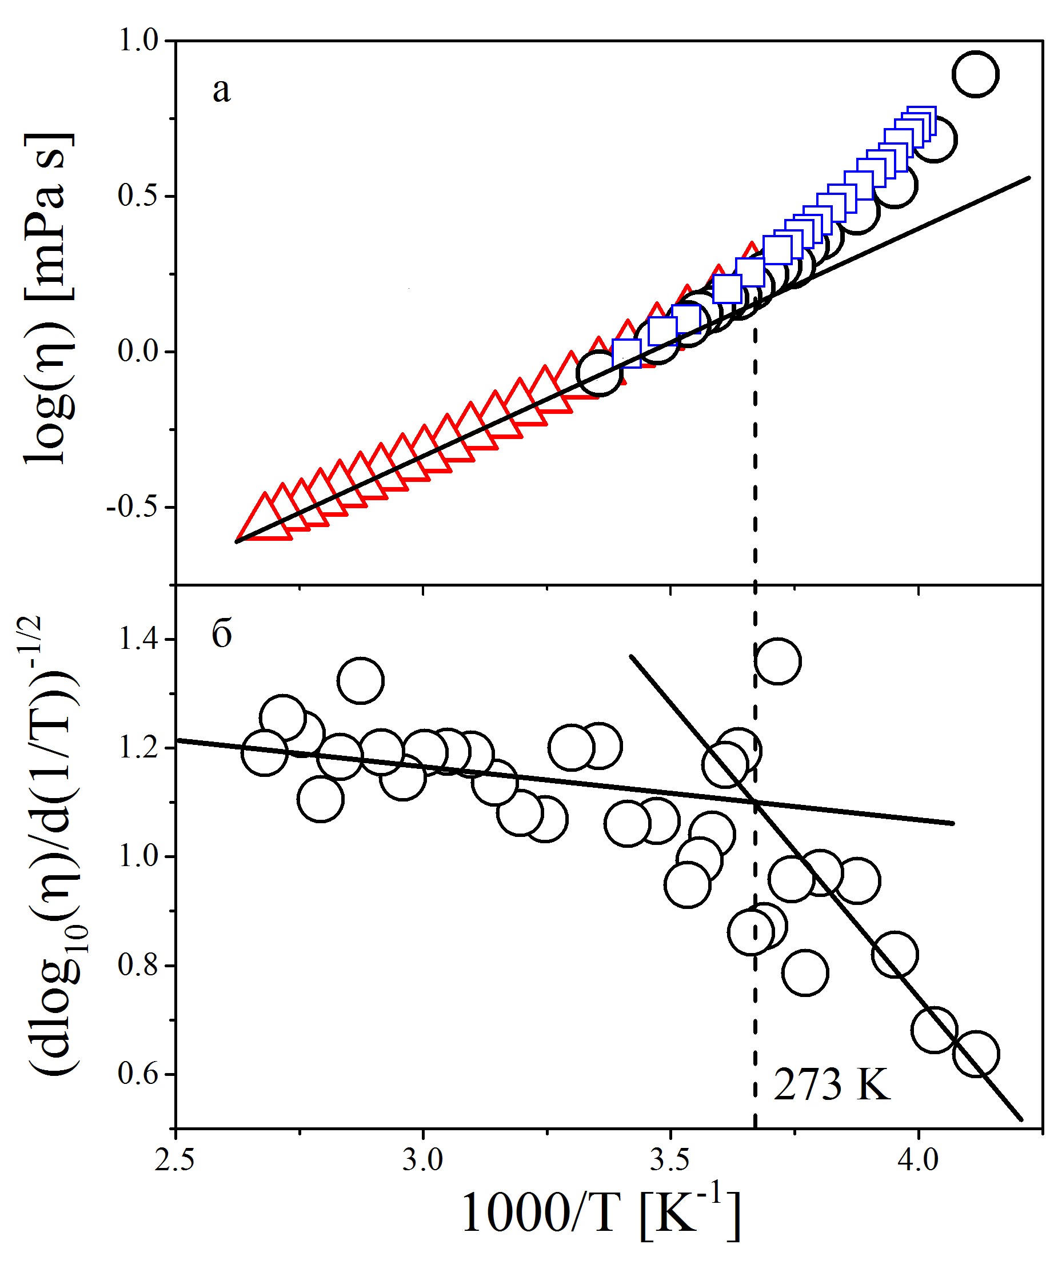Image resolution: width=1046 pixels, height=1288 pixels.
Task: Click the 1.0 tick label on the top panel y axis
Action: pos(137,42)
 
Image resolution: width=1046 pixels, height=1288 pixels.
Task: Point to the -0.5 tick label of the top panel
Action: pos(131,507)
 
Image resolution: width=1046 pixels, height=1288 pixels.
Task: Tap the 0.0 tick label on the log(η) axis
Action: pos(137,352)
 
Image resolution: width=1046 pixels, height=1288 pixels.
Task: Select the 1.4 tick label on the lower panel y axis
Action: pos(138,640)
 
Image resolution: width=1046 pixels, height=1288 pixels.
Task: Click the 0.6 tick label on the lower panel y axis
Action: pos(138,1074)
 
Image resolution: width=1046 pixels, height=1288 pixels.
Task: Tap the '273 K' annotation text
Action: pos(832,1085)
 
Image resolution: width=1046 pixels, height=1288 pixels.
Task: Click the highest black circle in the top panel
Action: pos(976,74)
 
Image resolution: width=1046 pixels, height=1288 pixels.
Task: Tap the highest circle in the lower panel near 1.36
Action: pos(777,661)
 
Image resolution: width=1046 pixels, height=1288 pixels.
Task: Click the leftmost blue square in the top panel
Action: pos(626,353)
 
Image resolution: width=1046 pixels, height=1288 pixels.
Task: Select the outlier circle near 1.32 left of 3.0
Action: pos(361,681)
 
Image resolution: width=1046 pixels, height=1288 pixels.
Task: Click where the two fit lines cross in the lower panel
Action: pos(755,802)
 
